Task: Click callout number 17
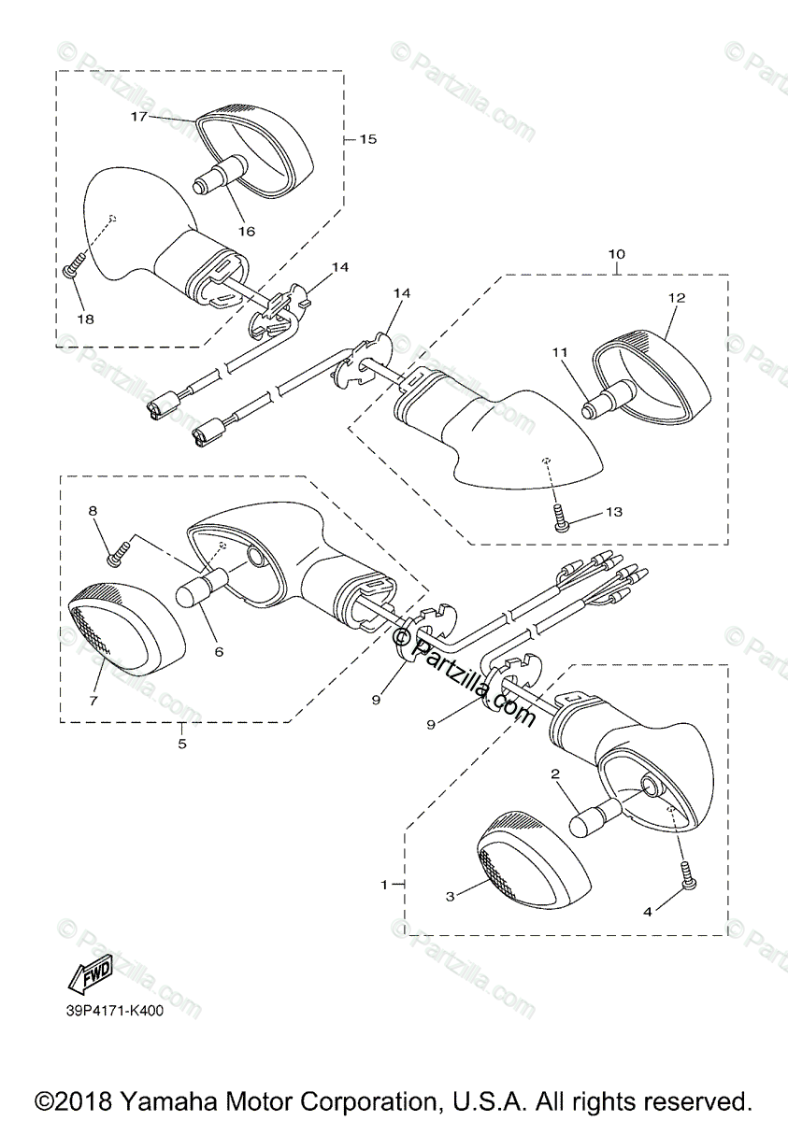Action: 138,117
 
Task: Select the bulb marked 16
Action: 218,177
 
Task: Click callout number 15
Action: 367,139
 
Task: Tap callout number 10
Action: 617,254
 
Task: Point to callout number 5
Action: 182,744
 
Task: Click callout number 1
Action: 383,883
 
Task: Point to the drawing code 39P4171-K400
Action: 115,1010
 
